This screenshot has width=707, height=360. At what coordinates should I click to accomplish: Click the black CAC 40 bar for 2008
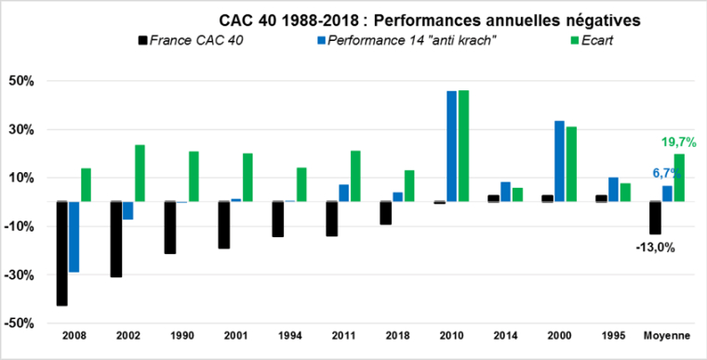(x=61, y=253)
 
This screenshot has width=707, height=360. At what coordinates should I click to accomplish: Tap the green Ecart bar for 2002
(x=140, y=173)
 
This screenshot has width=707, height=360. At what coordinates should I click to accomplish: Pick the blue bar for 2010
(x=451, y=146)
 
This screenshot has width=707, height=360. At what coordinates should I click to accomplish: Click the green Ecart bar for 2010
(x=463, y=146)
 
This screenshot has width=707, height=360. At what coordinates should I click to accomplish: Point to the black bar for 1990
(x=169, y=227)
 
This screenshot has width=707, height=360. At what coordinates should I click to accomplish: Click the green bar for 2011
(x=355, y=176)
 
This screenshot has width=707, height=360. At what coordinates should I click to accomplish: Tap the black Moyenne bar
(x=655, y=218)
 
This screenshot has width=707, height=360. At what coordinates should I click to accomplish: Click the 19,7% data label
(x=678, y=142)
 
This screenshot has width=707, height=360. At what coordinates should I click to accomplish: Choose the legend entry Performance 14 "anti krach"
(x=404, y=39)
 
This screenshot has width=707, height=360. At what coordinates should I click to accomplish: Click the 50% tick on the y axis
(x=21, y=81)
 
